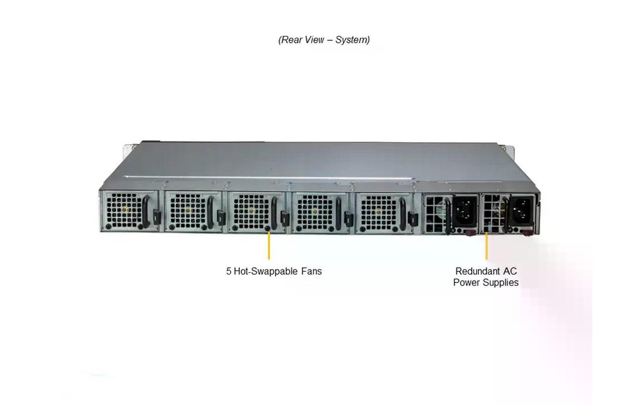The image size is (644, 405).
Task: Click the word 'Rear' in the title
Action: [x=291, y=40]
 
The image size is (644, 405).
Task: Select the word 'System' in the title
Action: [x=351, y=40]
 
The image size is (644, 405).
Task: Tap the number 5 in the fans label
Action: [x=229, y=271]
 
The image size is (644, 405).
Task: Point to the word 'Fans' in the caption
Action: [x=312, y=271]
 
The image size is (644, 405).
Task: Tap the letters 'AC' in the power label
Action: [x=509, y=271]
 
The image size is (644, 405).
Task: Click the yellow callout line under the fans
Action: [x=269, y=246]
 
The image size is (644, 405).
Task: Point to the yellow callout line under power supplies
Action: [x=486, y=247]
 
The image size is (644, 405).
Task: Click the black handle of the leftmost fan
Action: [x=146, y=211]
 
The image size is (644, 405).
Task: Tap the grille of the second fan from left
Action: [x=188, y=212]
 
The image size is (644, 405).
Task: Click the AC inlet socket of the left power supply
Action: [x=465, y=209]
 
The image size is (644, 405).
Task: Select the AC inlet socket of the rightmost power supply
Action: [x=521, y=209]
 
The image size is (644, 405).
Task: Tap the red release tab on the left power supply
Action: [x=470, y=233]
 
